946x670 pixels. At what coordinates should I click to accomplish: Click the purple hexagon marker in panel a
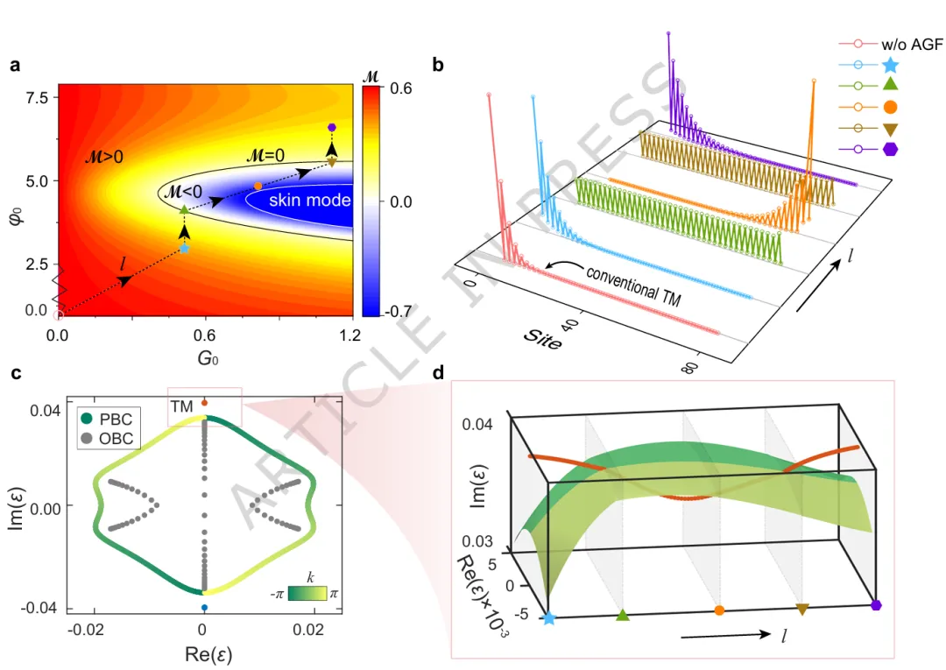(x=331, y=128)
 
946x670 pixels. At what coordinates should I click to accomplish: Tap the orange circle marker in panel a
(x=258, y=186)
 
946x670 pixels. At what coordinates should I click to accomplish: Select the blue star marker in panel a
(x=184, y=248)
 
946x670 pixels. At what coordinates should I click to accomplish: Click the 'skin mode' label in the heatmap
(x=309, y=201)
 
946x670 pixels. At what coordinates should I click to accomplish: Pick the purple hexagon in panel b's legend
(x=890, y=149)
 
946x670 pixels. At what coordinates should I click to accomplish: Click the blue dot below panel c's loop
(x=204, y=607)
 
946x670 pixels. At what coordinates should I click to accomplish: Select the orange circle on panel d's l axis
(x=719, y=610)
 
